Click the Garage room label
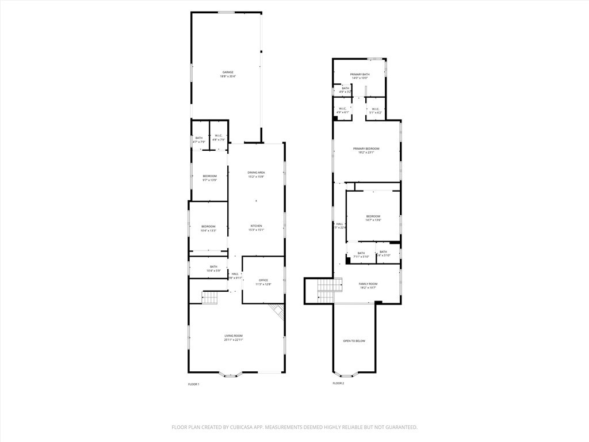coord(228,72)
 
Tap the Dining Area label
coord(256,173)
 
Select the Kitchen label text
coord(256,226)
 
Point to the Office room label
coord(263,280)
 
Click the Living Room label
coord(234,336)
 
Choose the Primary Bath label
coord(360,74)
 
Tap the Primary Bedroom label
coord(366,148)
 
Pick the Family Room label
coord(368,284)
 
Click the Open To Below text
coord(354,341)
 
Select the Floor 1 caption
coord(193,384)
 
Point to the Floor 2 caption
coord(338,383)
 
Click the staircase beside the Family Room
coord(326,290)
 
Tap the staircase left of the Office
coord(209,298)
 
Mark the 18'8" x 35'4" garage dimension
coord(228,77)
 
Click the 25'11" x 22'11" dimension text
coord(234,340)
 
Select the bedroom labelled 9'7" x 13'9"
coord(209,178)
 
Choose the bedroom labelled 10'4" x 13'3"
coord(208,228)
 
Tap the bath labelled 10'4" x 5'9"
coord(213,269)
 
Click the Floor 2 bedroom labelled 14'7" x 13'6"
coord(373,218)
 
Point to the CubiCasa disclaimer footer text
coord(294,427)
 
